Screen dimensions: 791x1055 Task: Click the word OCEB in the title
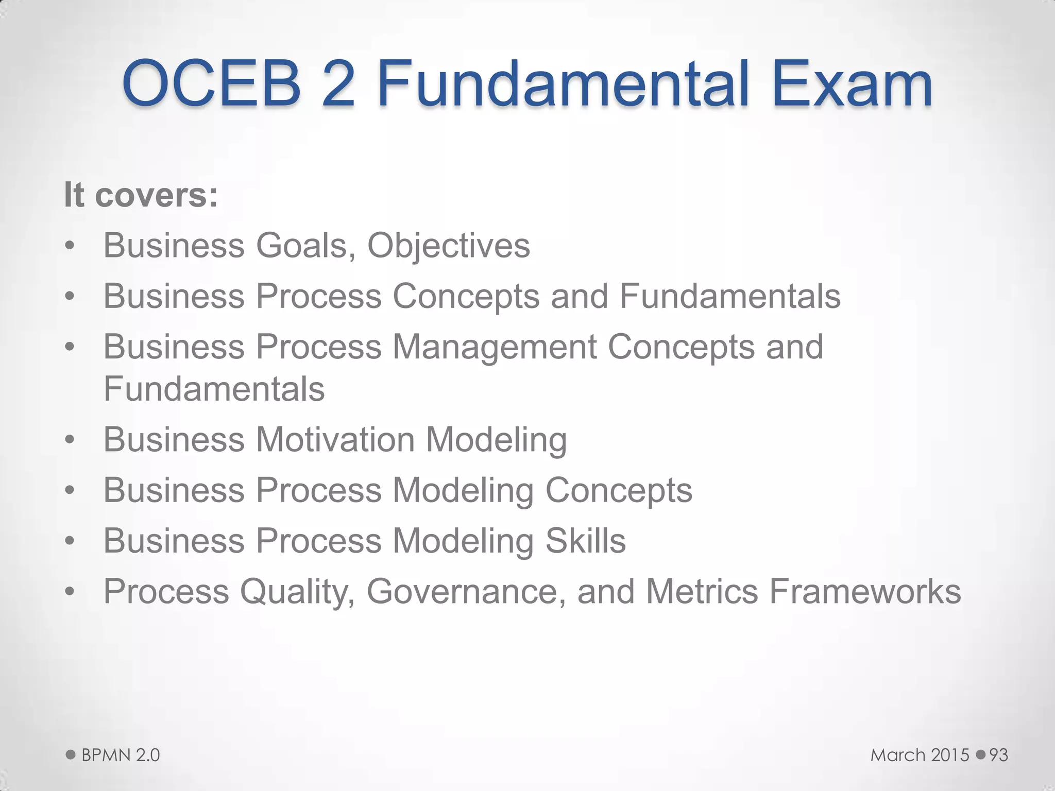point(211,83)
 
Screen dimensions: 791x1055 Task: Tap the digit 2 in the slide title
point(338,83)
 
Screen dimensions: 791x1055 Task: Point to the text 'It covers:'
point(141,195)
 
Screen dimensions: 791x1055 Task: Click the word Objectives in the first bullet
point(448,246)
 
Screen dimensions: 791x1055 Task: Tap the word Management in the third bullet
point(495,347)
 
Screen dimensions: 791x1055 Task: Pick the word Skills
point(585,541)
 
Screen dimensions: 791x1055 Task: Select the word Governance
point(462,591)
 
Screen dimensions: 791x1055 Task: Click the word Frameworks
point(865,591)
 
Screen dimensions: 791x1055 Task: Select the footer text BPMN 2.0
point(121,755)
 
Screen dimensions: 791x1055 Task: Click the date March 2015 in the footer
point(920,755)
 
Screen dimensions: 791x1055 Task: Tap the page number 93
point(998,755)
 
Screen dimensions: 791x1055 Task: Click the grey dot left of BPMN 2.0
point(71,755)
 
